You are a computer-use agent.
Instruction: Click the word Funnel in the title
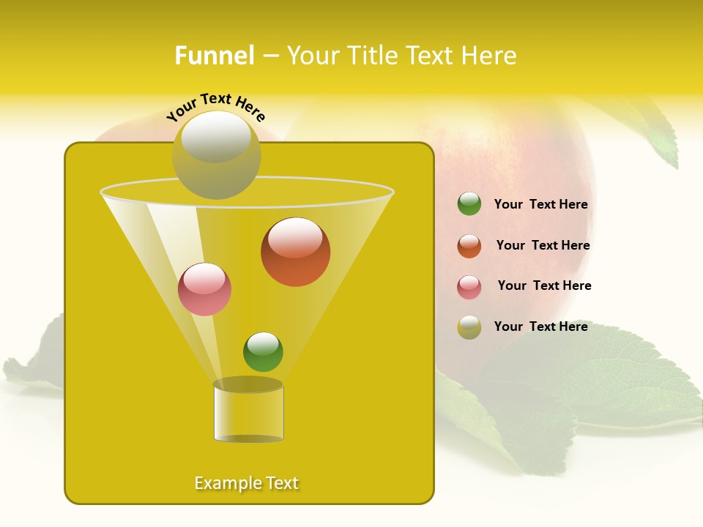(x=214, y=56)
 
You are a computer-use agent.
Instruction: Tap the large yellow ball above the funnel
(x=216, y=154)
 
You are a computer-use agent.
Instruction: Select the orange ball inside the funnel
(x=295, y=252)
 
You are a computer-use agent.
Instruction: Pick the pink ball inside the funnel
(x=204, y=289)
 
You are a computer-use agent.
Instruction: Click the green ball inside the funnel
(x=263, y=352)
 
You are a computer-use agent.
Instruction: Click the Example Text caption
(x=246, y=483)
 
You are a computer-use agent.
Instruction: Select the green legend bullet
(x=469, y=204)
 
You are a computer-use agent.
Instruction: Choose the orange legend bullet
(x=469, y=246)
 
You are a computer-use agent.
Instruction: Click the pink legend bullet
(x=469, y=287)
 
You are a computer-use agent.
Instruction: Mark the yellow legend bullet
(x=469, y=327)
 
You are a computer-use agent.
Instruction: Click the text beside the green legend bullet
(x=540, y=205)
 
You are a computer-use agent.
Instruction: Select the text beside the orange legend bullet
(x=543, y=246)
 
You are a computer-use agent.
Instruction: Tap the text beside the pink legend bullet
(x=544, y=286)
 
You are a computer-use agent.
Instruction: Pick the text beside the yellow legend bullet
(x=540, y=326)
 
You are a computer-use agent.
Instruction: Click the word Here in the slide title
(x=491, y=56)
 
